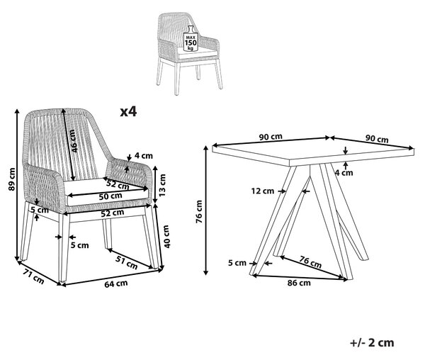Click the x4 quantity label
coord(128,111)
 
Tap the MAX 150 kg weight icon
coord(191,38)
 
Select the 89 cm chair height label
coord(11,179)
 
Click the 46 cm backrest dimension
coord(73,141)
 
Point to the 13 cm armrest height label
coord(162,185)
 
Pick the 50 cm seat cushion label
coord(110,196)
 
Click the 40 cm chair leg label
coord(166,237)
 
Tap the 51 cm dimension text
coord(127,262)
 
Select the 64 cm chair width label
coord(116,284)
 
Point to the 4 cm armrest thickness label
coord(144,156)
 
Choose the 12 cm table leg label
coord(263,191)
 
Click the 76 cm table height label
coord(199,211)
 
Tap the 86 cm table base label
coord(299,283)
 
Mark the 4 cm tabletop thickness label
coord(344,173)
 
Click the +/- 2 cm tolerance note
coord(372,343)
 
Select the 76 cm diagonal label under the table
coord(310,262)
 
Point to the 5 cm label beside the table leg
coord(237,263)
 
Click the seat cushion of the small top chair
coord(197,53)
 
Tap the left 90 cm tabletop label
coord(271,137)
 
